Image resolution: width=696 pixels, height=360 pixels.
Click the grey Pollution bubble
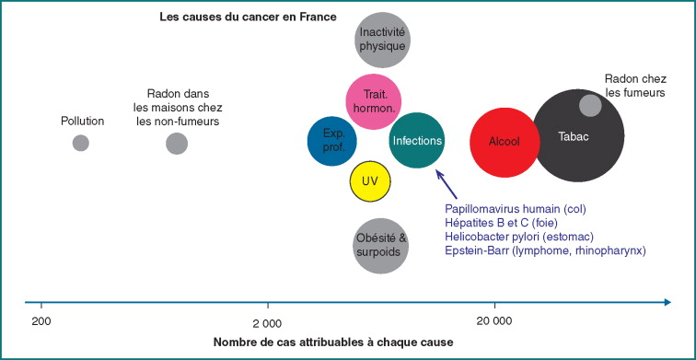(81, 143)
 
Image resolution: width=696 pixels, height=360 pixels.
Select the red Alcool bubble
(505, 142)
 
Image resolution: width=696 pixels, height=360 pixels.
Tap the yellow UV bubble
(370, 180)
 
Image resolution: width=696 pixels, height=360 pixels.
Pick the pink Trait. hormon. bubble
(373, 101)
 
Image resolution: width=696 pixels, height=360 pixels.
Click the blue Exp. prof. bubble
(332, 141)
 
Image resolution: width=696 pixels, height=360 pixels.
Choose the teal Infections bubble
(417, 140)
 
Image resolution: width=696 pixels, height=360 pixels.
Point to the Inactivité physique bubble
(382, 40)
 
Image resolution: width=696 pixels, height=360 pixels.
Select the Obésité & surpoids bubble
(380, 246)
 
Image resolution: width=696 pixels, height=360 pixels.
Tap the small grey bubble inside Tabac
(590, 106)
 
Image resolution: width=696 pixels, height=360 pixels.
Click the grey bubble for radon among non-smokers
(177, 144)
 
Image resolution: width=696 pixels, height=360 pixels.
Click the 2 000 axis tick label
(267, 323)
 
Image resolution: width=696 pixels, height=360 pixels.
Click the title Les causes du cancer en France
(249, 17)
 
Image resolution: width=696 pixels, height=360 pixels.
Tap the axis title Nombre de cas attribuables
(333, 343)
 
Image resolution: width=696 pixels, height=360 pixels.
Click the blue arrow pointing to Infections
(447, 185)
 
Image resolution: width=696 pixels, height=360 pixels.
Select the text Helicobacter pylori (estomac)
(519, 236)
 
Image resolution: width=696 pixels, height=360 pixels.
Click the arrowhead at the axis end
(667, 302)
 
